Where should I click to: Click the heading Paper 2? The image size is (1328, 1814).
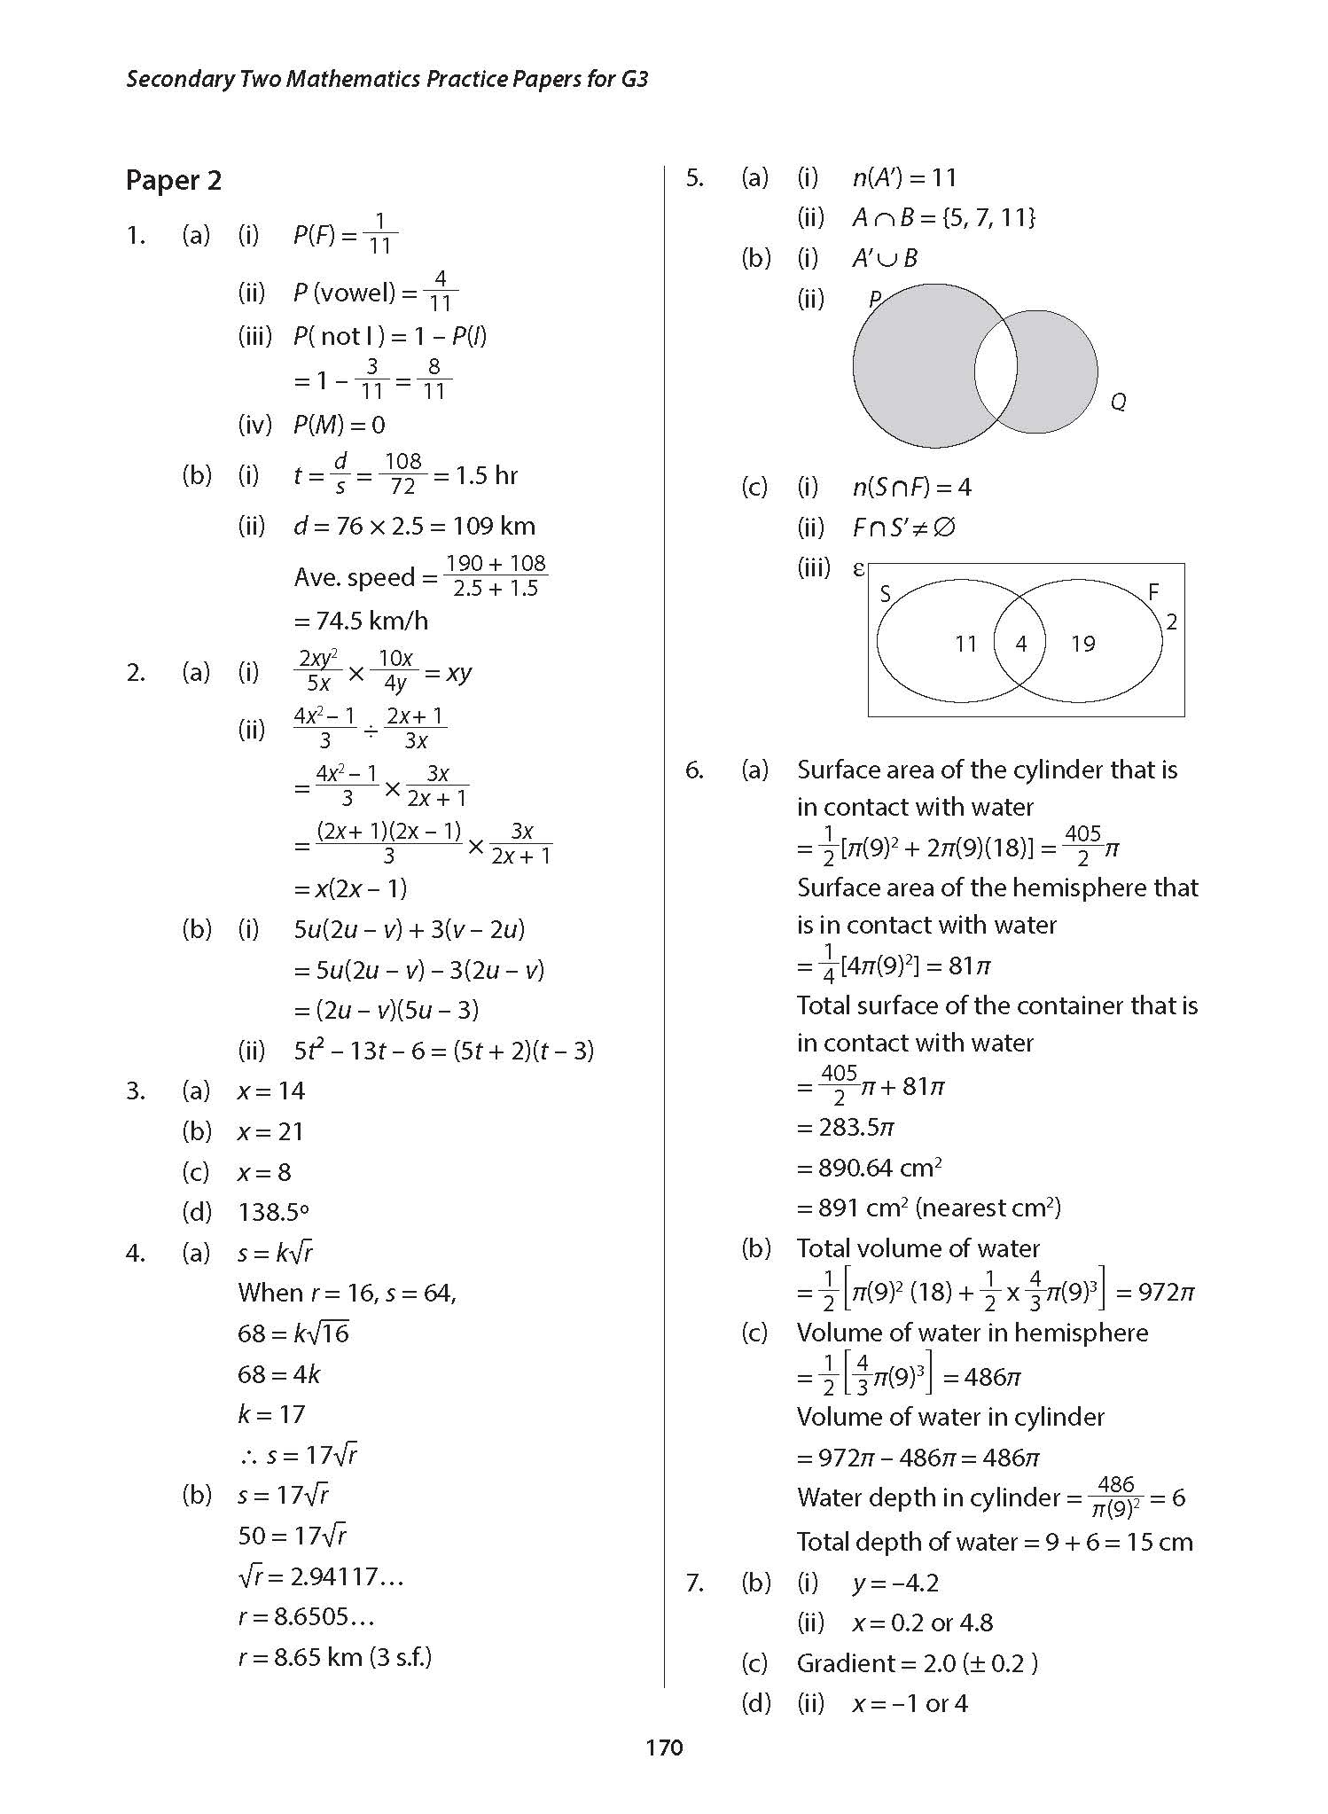click(174, 181)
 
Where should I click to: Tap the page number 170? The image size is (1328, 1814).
click(664, 1748)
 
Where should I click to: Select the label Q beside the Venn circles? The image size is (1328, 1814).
click(1118, 403)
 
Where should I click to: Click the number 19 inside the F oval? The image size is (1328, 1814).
click(1082, 644)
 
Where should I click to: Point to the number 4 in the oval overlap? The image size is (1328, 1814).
click(1020, 644)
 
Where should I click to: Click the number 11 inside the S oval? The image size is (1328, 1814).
click(965, 644)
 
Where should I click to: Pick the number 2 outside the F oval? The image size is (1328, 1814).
click(1171, 622)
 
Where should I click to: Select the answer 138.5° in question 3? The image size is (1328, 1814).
click(273, 1212)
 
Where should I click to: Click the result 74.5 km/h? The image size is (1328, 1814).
click(361, 621)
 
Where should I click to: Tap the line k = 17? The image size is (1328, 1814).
click(270, 1414)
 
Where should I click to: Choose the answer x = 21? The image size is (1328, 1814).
click(270, 1131)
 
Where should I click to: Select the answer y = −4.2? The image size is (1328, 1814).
click(895, 1583)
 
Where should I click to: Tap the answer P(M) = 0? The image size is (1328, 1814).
click(339, 425)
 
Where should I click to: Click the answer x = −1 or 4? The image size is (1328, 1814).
click(910, 1703)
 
